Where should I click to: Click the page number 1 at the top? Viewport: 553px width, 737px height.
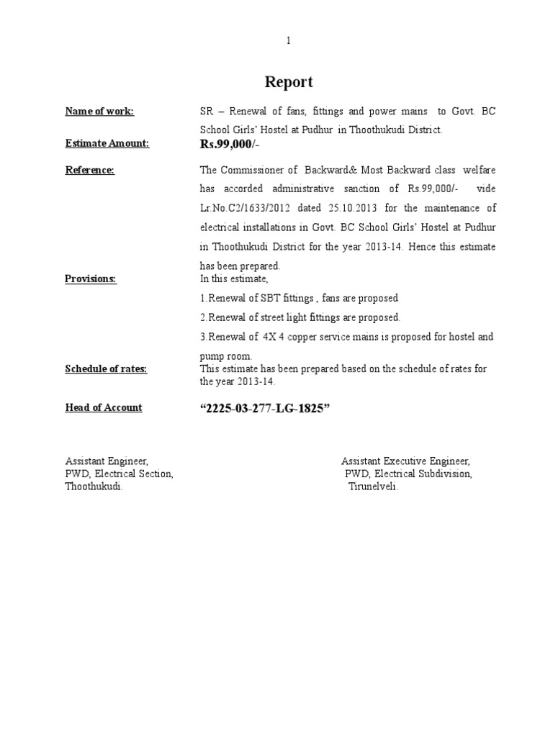(x=289, y=41)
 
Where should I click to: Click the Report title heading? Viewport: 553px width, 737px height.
(x=289, y=82)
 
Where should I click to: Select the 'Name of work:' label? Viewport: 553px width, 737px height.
(x=99, y=111)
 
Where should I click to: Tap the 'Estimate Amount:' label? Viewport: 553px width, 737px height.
(x=107, y=143)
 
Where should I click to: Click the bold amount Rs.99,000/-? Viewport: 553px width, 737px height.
(x=232, y=145)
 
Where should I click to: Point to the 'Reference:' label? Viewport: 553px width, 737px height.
(x=90, y=170)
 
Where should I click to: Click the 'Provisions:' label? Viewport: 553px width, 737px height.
(x=91, y=279)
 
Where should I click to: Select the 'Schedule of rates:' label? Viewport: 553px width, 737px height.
(x=106, y=368)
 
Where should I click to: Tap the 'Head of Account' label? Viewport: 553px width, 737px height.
(x=104, y=407)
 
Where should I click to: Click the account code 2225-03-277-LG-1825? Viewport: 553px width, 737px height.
(x=264, y=409)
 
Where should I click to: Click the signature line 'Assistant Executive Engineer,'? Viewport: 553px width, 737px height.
(x=405, y=461)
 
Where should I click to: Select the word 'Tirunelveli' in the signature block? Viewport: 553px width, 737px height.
(x=372, y=487)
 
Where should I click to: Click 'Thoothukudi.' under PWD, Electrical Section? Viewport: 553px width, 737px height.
(x=94, y=487)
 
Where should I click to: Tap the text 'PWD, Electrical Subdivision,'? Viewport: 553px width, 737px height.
(x=408, y=474)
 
